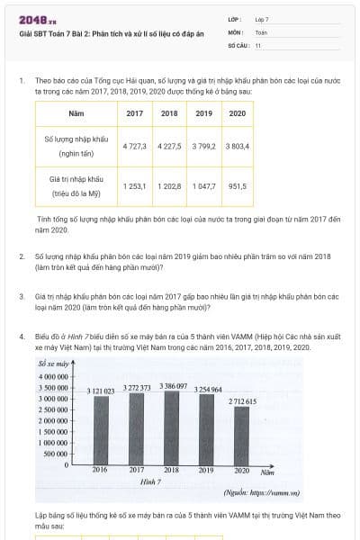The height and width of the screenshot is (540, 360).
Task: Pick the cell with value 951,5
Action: [238, 186]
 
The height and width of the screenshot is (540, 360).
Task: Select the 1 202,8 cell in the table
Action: [169, 186]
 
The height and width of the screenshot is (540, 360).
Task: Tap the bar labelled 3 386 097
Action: [171, 427]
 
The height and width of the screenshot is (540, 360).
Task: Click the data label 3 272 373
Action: [136, 388]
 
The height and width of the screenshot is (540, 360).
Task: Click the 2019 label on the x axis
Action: [206, 470]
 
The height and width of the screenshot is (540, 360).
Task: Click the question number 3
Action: [21, 295]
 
